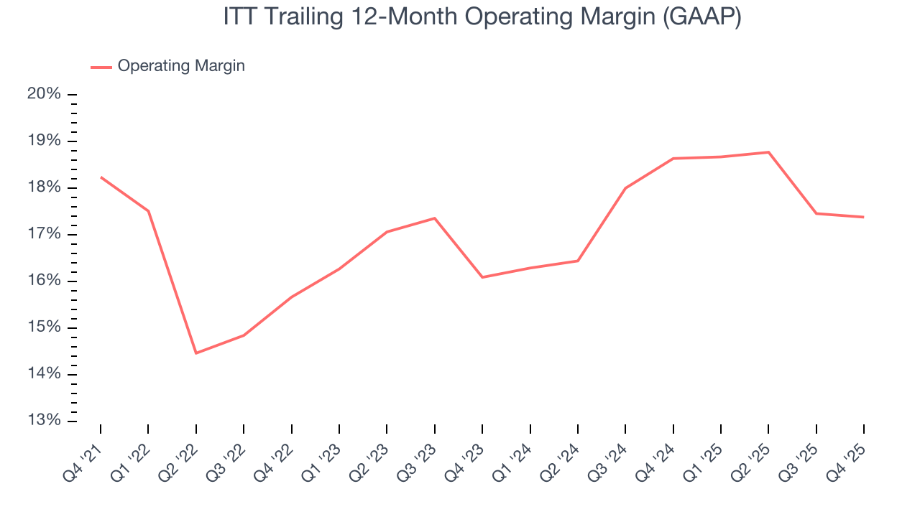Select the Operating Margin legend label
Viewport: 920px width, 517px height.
pyautogui.click(x=181, y=66)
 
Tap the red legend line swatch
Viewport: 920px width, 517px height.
pyautogui.click(x=101, y=67)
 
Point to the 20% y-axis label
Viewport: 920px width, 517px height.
pyautogui.click(x=43, y=95)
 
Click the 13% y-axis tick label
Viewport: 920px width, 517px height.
pyautogui.click(x=43, y=421)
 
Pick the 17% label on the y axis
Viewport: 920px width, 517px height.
pyautogui.click(x=43, y=235)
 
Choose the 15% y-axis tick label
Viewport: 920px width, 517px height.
pyautogui.click(x=43, y=328)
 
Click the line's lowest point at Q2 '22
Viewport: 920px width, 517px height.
pyautogui.click(x=195, y=353)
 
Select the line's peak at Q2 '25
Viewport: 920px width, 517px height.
pyautogui.click(x=768, y=152)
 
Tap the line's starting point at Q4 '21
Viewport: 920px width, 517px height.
pyautogui.click(x=101, y=177)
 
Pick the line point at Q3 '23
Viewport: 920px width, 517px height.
pyautogui.click(x=434, y=218)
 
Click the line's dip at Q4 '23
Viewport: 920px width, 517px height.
pyautogui.click(x=482, y=277)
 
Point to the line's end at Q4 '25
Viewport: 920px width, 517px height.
pyautogui.click(x=863, y=217)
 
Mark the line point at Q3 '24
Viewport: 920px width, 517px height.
pyautogui.click(x=625, y=188)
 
